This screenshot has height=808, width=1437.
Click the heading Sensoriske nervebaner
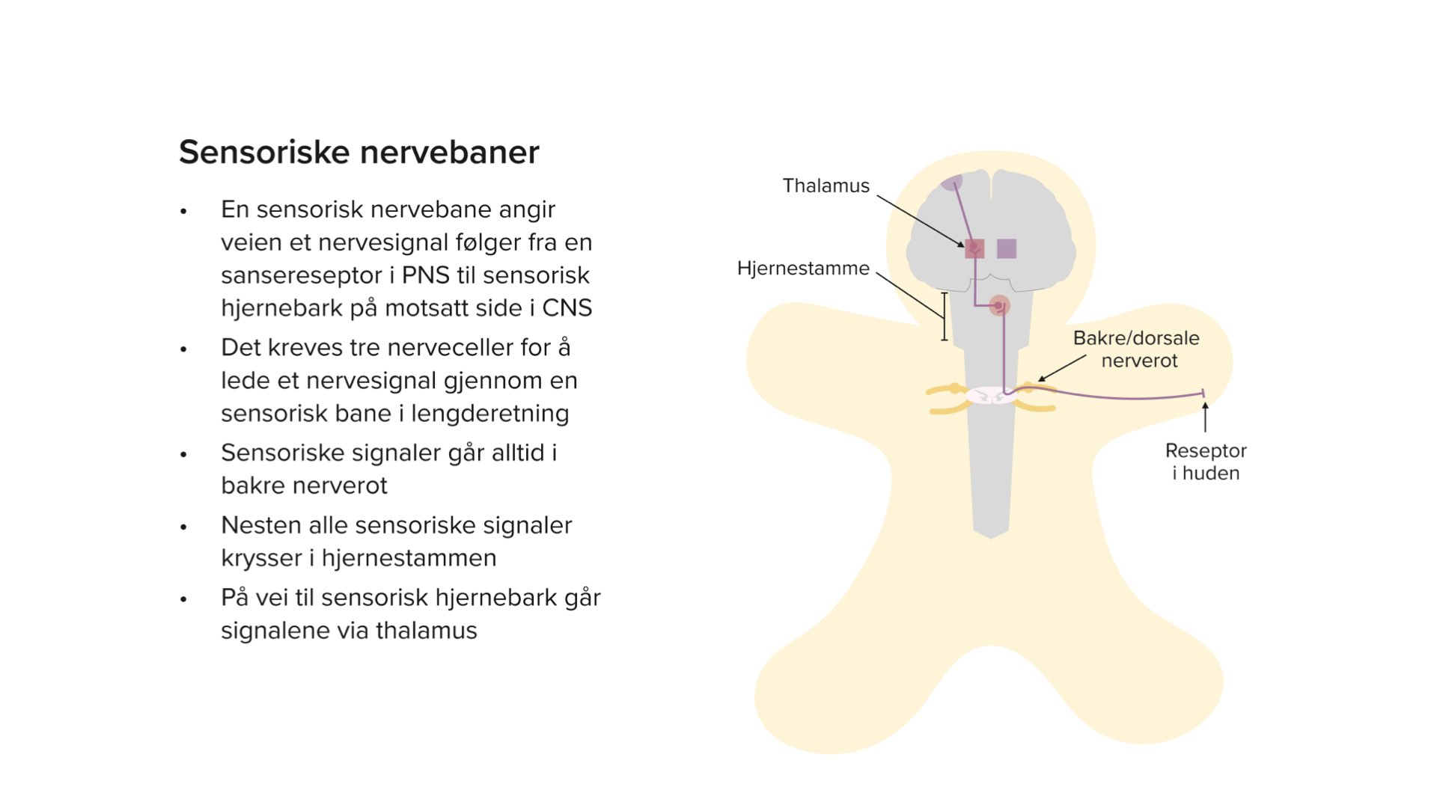[359, 152]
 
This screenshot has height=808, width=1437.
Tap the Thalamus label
[826, 186]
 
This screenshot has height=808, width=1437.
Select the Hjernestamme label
[803, 268]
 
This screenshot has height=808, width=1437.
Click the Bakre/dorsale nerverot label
[1136, 349]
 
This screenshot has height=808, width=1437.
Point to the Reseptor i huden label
[1206, 462]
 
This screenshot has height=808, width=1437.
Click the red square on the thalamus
[974, 248]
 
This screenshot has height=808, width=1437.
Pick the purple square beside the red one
[1007, 248]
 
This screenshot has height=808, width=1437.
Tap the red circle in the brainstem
[999, 305]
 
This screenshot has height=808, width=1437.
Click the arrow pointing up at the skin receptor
[1205, 417]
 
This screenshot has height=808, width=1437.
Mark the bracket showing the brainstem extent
[944, 316]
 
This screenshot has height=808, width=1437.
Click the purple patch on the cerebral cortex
[951, 182]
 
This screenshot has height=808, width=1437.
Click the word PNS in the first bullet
[426, 275]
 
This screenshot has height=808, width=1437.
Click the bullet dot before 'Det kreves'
[183, 349]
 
